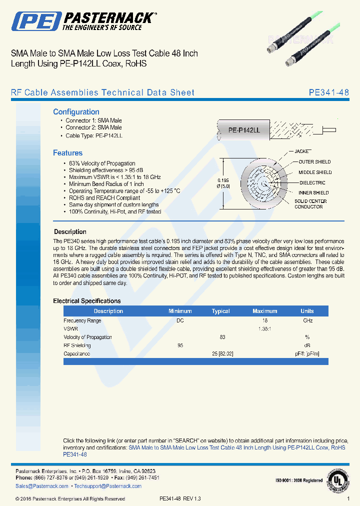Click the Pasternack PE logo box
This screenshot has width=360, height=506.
(35, 21)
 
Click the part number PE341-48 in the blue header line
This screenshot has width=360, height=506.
(328, 92)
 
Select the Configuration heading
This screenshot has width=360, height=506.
(76, 112)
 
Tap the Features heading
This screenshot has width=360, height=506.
(67, 153)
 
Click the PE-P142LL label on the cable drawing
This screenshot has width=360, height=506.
(244, 130)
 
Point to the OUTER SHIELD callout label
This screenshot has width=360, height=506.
(314, 162)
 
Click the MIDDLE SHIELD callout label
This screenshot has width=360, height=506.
(315, 172)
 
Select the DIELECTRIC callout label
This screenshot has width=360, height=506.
(312, 183)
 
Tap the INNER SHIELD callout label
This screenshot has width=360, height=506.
(313, 192)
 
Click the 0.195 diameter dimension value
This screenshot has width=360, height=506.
(223, 180)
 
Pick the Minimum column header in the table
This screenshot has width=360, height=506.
(180, 311)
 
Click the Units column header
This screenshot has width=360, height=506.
(307, 311)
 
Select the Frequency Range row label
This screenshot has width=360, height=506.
(82, 320)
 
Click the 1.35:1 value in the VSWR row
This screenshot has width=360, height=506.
(264, 329)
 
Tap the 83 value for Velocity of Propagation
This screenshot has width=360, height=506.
(222, 337)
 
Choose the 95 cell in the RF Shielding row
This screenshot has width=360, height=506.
(180, 345)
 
